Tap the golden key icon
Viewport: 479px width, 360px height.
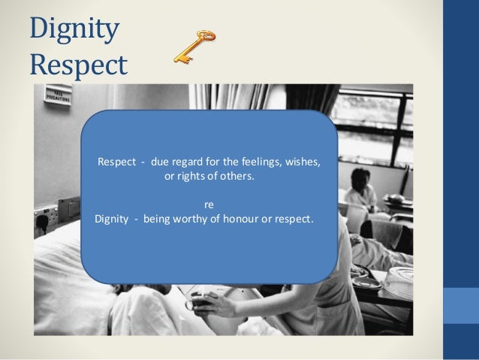(x=194, y=47)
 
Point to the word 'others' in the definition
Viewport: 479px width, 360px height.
(x=236, y=178)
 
